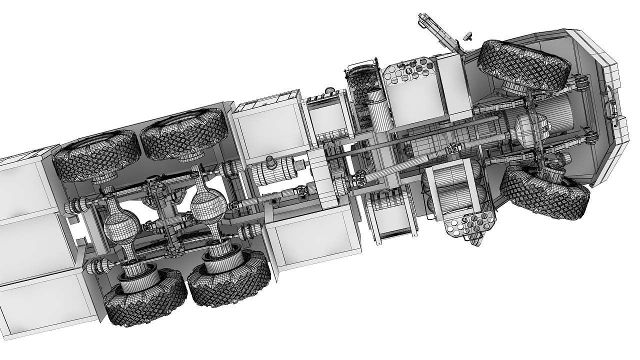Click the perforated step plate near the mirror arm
coord(410,70)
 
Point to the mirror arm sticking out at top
coord(437,32)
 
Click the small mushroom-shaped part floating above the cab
coord(468,36)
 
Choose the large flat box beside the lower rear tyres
coord(312,235)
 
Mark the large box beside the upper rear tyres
coord(267,125)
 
